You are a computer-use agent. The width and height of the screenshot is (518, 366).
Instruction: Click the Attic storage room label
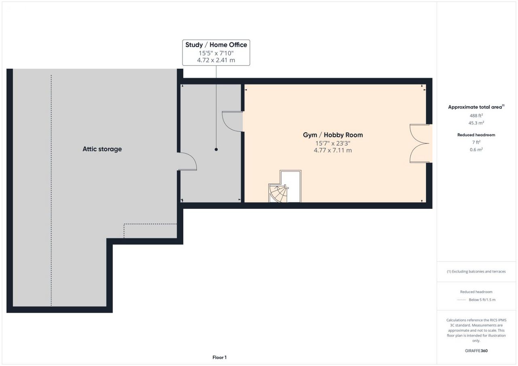click(x=102, y=149)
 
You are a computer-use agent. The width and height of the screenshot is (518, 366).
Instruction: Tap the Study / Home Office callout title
click(x=216, y=45)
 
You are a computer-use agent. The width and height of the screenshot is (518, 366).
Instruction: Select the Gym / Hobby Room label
click(x=333, y=135)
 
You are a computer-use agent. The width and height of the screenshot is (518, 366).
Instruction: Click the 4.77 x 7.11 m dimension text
click(x=333, y=150)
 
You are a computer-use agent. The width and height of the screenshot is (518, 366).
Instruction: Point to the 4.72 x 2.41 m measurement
click(x=216, y=60)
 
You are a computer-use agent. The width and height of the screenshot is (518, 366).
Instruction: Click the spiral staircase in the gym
click(x=278, y=193)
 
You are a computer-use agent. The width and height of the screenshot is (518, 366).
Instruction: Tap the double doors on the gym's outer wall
click(x=420, y=143)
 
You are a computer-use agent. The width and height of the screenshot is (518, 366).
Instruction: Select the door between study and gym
click(x=232, y=122)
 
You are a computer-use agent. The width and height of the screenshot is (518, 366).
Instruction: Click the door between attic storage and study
click(x=187, y=161)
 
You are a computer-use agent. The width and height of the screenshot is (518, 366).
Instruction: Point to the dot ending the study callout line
click(x=216, y=149)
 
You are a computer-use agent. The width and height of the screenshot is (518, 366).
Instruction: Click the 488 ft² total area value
click(x=476, y=116)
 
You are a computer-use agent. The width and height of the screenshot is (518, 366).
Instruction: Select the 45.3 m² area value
click(x=476, y=123)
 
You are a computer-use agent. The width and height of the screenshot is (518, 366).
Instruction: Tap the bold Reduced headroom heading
click(x=476, y=135)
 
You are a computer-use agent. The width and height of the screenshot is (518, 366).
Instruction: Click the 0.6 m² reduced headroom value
click(x=476, y=150)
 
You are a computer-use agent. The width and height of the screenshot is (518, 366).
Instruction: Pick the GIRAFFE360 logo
click(x=476, y=351)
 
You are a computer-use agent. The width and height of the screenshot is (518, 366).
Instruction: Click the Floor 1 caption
click(x=219, y=358)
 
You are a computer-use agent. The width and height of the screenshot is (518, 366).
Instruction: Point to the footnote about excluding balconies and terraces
click(x=476, y=271)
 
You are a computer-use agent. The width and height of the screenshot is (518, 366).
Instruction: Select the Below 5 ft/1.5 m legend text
click(x=482, y=300)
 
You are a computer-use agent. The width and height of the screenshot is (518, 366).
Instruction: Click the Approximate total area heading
click(x=476, y=107)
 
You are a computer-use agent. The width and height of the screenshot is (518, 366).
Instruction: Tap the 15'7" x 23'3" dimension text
click(x=333, y=143)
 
